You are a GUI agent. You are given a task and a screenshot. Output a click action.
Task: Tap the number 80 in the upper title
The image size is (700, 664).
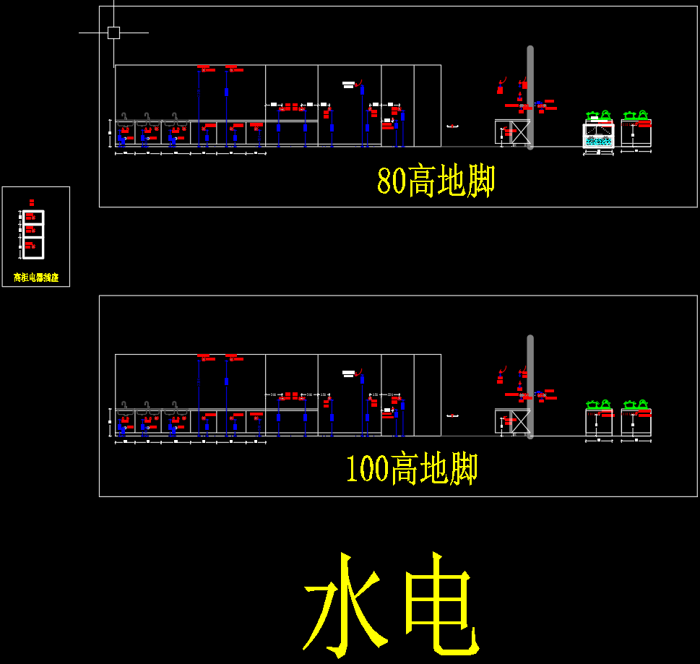pyautogui.click(x=392, y=181)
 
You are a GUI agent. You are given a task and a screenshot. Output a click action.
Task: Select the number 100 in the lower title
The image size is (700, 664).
pyautogui.click(x=368, y=470)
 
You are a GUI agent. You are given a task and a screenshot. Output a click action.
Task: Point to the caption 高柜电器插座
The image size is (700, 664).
pyautogui.click(x=36, y=277)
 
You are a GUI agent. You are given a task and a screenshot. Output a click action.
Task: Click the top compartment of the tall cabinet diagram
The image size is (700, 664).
pyautogui.click(x=33, y=217)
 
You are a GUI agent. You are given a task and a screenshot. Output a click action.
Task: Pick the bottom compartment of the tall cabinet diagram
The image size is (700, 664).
pyautogui.click(x=33, y=247)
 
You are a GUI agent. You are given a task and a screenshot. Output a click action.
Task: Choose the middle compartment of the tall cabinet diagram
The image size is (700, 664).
pyautogui.click(x=33, y=230)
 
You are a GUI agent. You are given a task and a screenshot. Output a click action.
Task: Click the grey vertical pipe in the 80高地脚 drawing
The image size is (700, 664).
pyautogui.click(x=530, y=98)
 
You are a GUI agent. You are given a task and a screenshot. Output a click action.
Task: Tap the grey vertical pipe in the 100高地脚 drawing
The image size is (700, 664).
pyautogui.click(x=530, y=387)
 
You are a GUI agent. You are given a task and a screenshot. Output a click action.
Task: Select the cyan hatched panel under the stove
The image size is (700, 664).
pyautogui.click(x=599, y=142)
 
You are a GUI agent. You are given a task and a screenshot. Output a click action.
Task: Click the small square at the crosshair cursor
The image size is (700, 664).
pyautogui.click(x=113, y=33)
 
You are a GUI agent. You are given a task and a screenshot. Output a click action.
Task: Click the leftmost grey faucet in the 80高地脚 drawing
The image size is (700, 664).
pyautogui.click(x=125, y=118)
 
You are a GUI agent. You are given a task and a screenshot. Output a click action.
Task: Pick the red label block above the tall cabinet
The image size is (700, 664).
pyautogui.click(x=32, y=202)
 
